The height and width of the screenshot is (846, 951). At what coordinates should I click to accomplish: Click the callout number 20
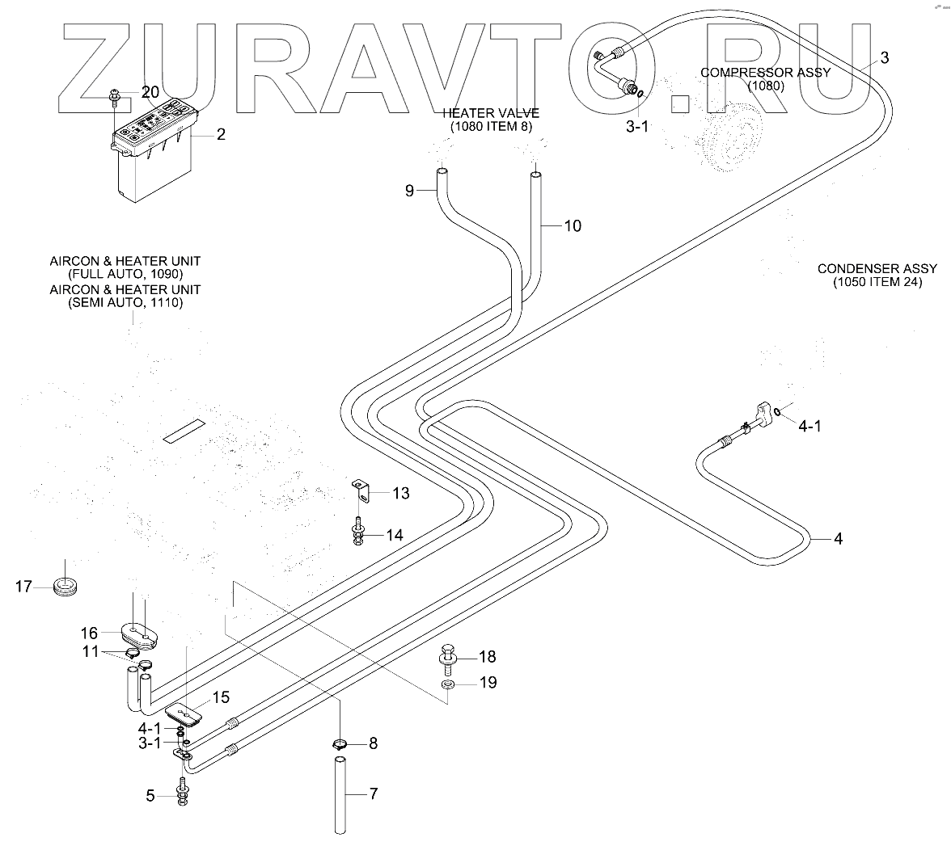coord(151,92)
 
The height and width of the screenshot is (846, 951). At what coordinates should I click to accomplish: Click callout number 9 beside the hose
coord(409,192)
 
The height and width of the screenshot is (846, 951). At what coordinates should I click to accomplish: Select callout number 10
coord(572,226)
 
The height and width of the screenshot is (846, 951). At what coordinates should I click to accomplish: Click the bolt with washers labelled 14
coord(357,533)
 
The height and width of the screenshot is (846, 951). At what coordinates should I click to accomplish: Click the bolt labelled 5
coord(183,794)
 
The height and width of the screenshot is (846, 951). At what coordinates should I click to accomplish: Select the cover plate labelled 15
coord(183,713)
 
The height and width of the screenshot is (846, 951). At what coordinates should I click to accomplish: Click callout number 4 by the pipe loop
coord(838,538)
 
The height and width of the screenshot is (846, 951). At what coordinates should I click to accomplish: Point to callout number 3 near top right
coord(884,57)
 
